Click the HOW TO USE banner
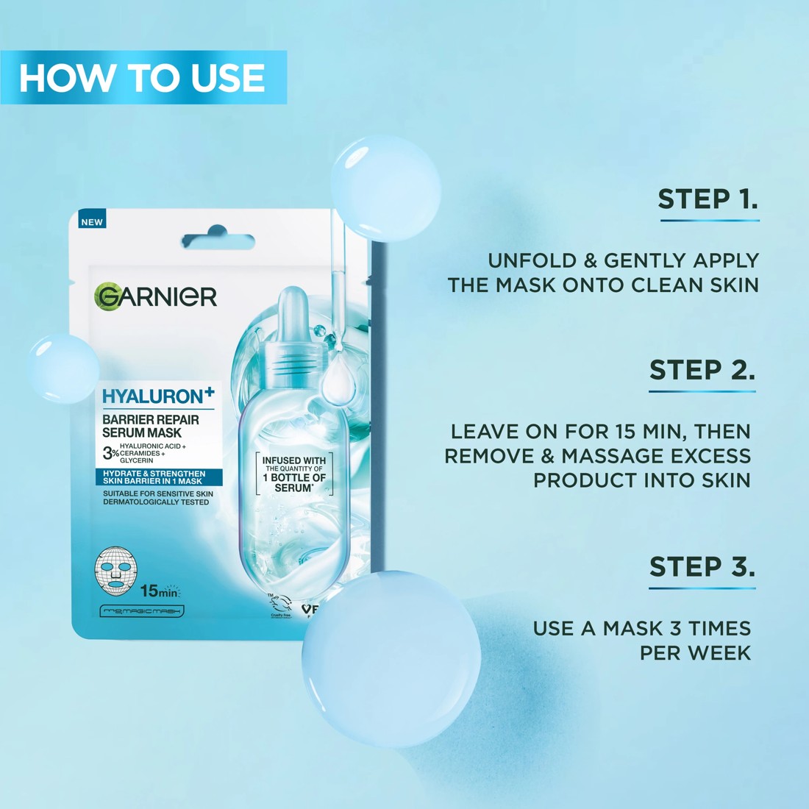point(143,77)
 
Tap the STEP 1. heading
point(708,199)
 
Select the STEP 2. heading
point(702,369)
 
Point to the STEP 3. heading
point(702,566)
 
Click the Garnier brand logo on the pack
point(156,296)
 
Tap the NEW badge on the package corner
point(93,221)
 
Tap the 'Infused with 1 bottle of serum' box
point(294,474)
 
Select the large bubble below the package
point(391,659)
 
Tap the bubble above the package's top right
point(385,188)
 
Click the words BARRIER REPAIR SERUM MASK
point(150,426)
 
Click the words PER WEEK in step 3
point(695,652)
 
